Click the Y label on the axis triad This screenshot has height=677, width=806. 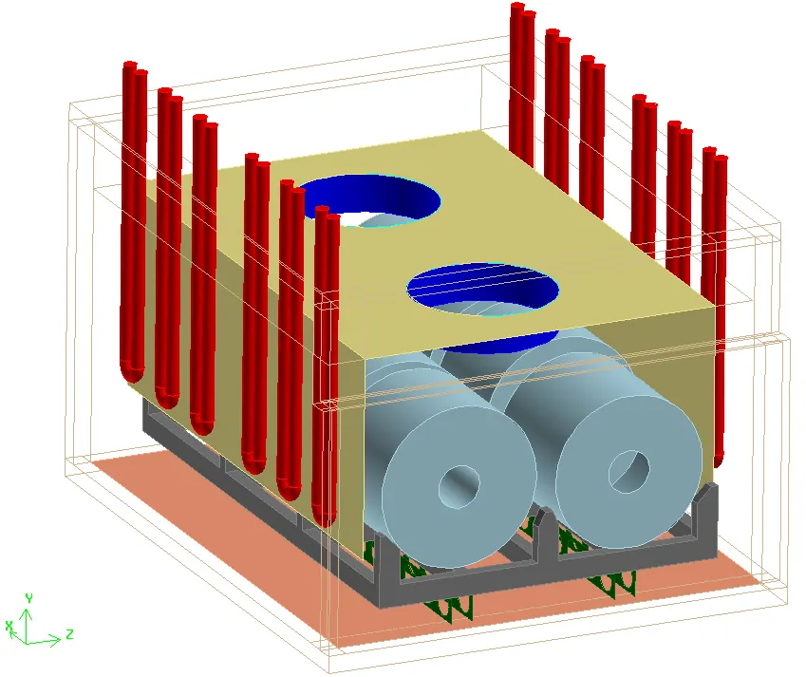29,598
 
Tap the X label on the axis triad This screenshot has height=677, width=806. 9,626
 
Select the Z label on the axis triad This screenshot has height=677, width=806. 69,634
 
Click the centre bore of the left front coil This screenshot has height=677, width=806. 459,487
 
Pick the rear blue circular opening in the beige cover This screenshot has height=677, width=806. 369,200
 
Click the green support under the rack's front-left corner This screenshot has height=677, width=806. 448,608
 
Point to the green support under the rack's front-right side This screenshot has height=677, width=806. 612,583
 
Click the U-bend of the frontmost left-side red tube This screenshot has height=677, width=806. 324,518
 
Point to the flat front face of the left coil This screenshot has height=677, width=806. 459,485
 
